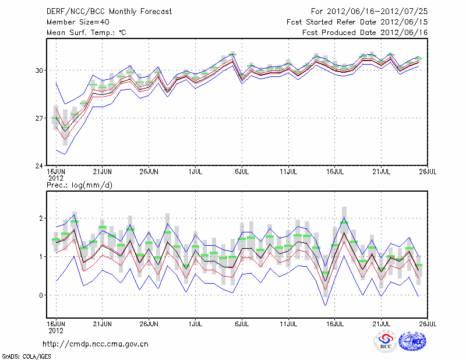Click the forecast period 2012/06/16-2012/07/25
(369, 12)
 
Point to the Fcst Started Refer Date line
(357, 22)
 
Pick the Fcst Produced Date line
(365, 33)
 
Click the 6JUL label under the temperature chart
(242, 172)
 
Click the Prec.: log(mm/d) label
(79, 185)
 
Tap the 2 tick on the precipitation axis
(41, 218)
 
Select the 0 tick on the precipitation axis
(41, 295)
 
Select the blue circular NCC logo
(413, 341)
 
